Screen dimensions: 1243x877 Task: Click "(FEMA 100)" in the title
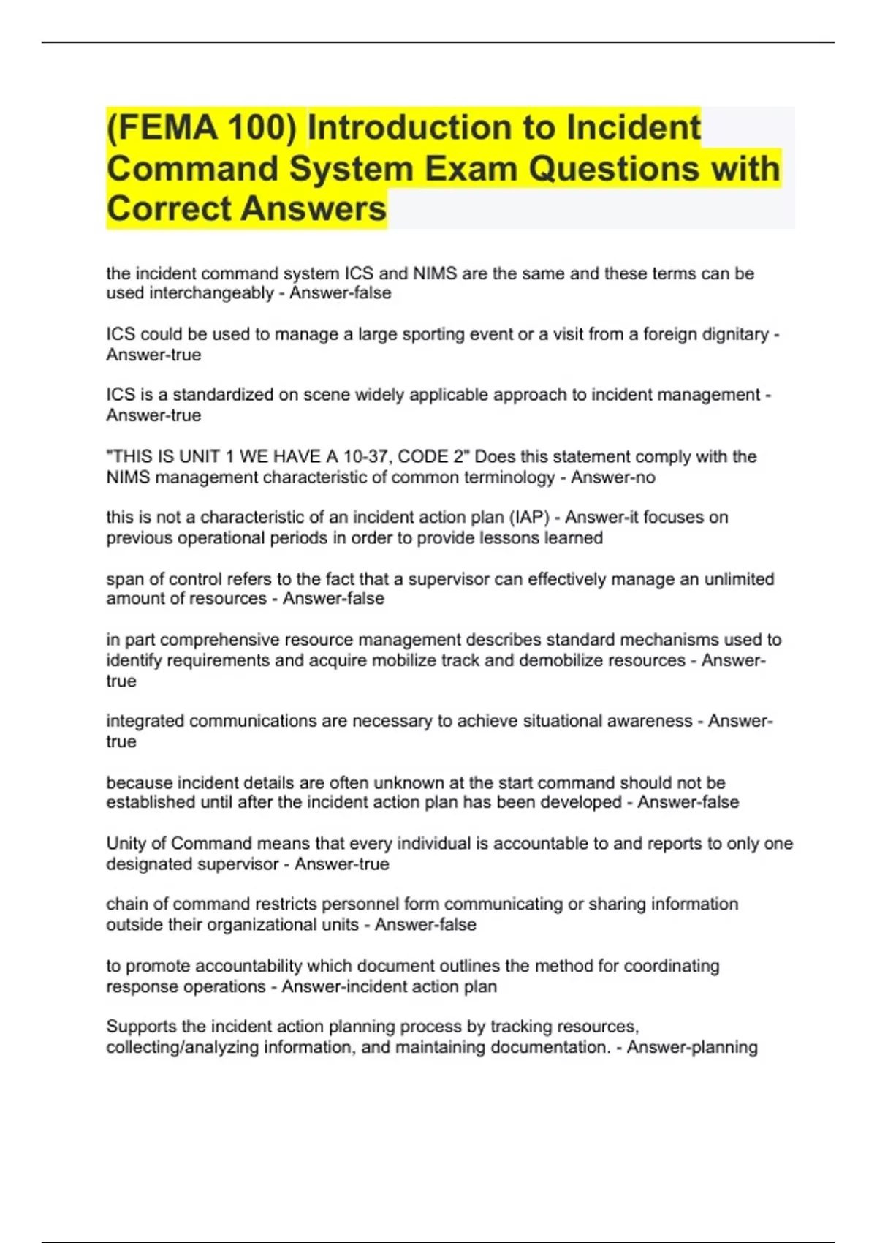point(202,128)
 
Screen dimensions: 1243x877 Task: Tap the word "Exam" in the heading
point(471,169)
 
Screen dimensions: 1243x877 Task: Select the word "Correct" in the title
point(169,209)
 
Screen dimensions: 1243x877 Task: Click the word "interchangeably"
point(211,293)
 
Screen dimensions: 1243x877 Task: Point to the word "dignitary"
point(732,334)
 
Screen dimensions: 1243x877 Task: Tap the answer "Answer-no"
point(612,477)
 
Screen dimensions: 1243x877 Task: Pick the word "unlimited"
point(739,579)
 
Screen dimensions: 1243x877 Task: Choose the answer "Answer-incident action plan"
point(389,986)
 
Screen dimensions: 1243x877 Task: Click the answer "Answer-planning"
point(691,1047)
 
